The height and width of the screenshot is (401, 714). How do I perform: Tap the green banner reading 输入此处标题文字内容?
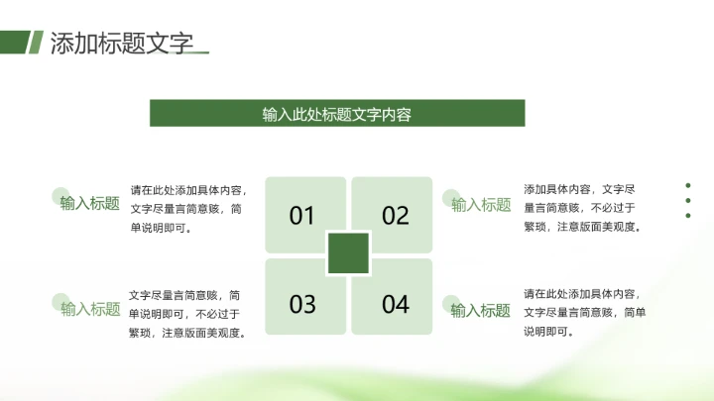[x=337, y=113]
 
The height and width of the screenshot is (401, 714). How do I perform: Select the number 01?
[x=301, y=216]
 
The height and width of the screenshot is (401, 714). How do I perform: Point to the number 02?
[x=396, y=216]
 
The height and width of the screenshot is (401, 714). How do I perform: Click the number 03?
[x=301, y=304]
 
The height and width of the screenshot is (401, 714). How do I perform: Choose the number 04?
[x=396, y=304]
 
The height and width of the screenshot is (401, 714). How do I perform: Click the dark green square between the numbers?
[x=348, y=253]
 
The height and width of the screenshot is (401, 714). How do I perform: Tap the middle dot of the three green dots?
[x=687, y=199]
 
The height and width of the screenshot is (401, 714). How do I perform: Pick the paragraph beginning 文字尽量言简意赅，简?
[x=187, y=314]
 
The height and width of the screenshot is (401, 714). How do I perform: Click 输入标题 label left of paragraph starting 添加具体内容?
[x=481, y=205]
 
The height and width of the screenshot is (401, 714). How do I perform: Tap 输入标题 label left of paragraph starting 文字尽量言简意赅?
[x=90, y=309]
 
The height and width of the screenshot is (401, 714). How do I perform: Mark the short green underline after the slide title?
[x=197, y=51]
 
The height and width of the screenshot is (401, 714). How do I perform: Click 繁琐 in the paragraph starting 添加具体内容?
[x=535, y=226]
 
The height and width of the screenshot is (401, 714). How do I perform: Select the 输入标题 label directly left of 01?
[x=90, y=204]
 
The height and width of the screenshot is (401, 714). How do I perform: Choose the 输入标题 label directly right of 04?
[x=481, y=310]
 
